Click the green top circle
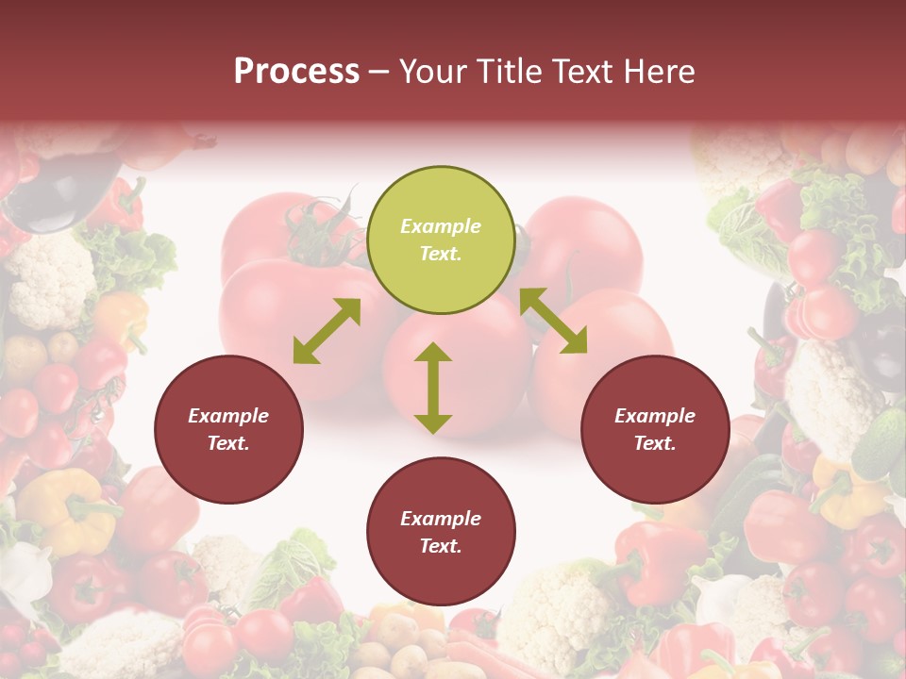coord(441,240)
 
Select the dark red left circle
coord(228,430)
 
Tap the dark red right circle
coord(655,430)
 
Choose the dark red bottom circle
coord(441,532)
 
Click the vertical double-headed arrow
coord(433,388)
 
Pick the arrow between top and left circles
coord(327,331)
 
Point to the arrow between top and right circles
coord(553,321)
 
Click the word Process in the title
coord(296,71)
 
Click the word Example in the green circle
coord(441,226)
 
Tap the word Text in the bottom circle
coord(438,546)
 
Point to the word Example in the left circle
coord(228,416)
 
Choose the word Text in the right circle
coord(652,443)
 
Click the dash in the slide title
coord(379,71)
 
